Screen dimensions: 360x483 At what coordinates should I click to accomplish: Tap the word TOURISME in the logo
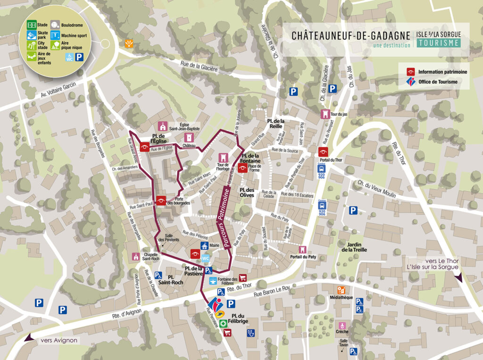(x=439, y=43)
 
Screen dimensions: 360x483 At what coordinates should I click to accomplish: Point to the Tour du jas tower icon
(x=325, y=114)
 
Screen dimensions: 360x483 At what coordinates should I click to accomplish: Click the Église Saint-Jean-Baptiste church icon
(x=163, y=126)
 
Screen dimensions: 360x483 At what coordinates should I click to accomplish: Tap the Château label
(x=189, y=146)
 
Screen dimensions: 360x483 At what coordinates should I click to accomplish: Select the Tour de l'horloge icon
(x=223, y=157)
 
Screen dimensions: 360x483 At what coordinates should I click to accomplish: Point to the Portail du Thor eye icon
(x=323, y=151)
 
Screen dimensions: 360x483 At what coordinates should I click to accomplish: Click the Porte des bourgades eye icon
(x=161, y=201)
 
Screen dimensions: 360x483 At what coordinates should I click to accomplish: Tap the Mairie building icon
(x=205, y=245)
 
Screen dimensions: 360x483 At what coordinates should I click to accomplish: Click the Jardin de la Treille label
(x=357, y=247)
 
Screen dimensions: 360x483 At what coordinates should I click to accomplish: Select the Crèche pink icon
(x=342, y=325)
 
